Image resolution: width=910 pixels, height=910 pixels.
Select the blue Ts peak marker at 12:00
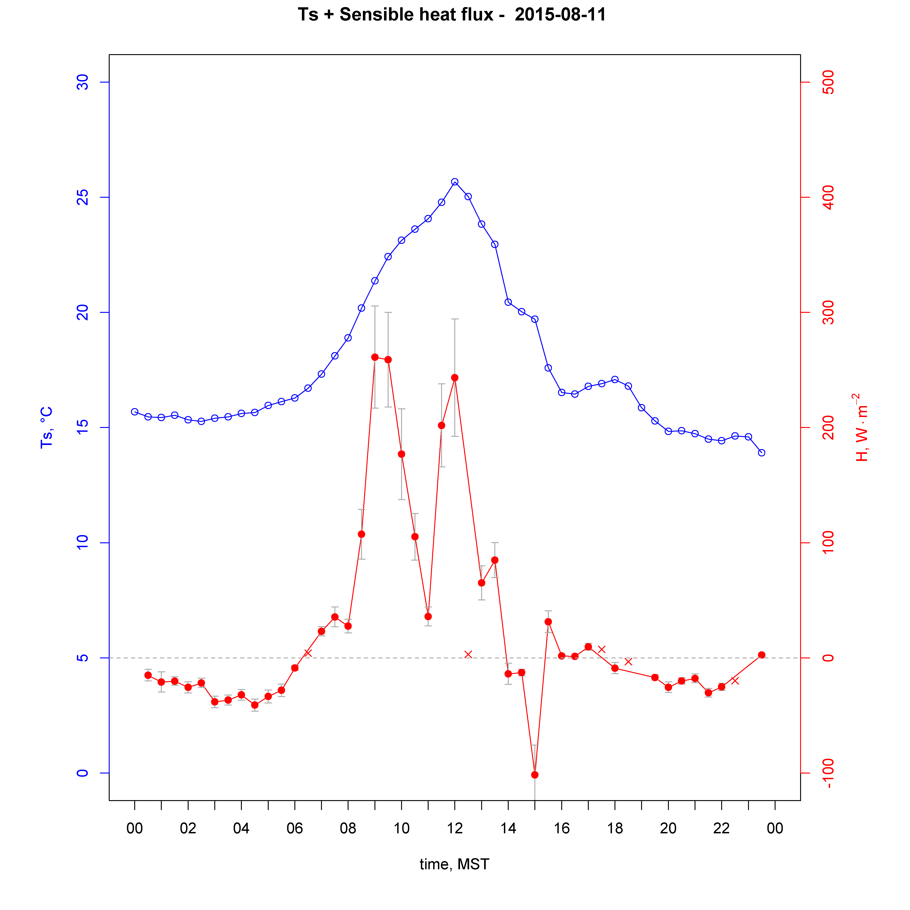tap(455, 182)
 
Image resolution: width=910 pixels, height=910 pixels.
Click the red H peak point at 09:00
tap(375, 357)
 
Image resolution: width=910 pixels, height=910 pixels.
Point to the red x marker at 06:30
tap(308, 653)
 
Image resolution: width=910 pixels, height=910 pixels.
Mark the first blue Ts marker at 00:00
tap(135, 412)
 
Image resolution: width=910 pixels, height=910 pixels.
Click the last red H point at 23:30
tap(762, 655)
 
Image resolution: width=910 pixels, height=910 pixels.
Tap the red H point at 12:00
tap(455, 378)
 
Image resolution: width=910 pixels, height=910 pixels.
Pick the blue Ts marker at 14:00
tap(508, 302)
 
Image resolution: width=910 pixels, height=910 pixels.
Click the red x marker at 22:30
tap(735, 681)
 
